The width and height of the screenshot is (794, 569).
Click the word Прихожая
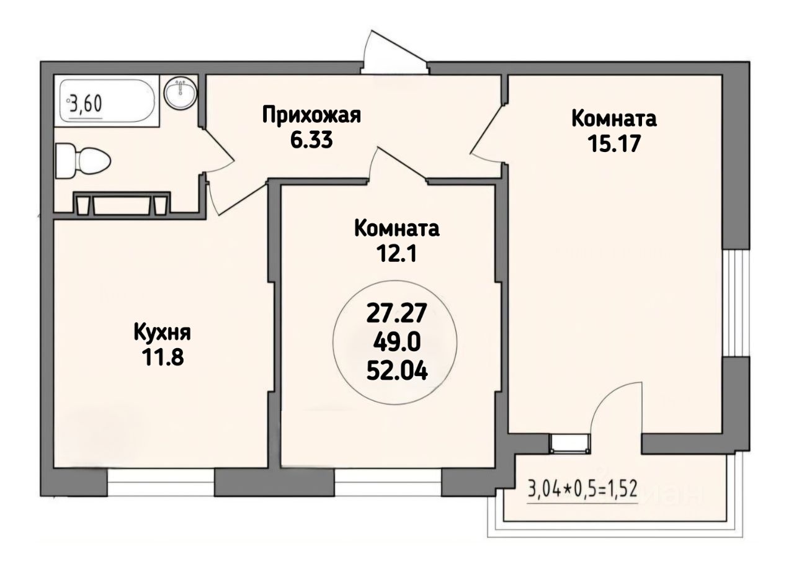(x=311, y=115)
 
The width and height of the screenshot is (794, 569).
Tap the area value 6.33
(x=311, y=140)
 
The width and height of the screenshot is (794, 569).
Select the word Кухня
(x=163, y=333)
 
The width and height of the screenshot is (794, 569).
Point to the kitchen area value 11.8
(x=163, y=357)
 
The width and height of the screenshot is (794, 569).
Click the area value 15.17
(x=614, y=144)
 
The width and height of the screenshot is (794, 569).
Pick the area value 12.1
(x=396, y=254)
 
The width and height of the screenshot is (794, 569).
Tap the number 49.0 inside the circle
(x=396, y=343)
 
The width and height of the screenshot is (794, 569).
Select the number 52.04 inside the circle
(x=396, y=371)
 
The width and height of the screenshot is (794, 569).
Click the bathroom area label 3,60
(x=86, y=104)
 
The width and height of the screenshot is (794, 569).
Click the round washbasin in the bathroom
(x=180, y=92)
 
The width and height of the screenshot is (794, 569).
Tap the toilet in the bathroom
(x=84, y=161)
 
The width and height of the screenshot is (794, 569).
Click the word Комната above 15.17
(x=614, y=119)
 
